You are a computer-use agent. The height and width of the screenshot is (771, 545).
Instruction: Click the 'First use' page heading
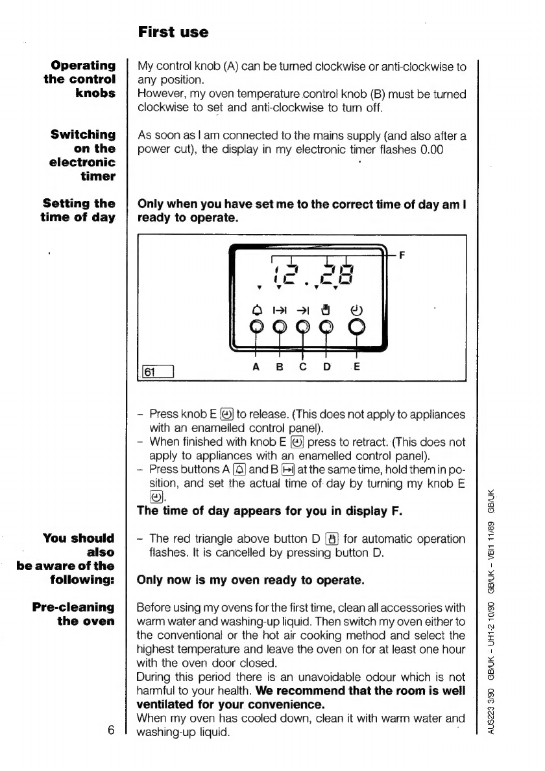point(173,32)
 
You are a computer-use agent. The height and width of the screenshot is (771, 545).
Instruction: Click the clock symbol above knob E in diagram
point(356,308)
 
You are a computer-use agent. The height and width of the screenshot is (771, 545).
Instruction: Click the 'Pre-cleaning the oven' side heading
point(74,615)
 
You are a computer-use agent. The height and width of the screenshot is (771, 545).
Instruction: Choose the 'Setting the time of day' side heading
point(78,210)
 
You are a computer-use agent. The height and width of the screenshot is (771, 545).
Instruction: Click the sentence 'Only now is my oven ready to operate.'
point(250,581)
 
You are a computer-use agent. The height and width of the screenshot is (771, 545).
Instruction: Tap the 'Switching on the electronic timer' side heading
point(83,155)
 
